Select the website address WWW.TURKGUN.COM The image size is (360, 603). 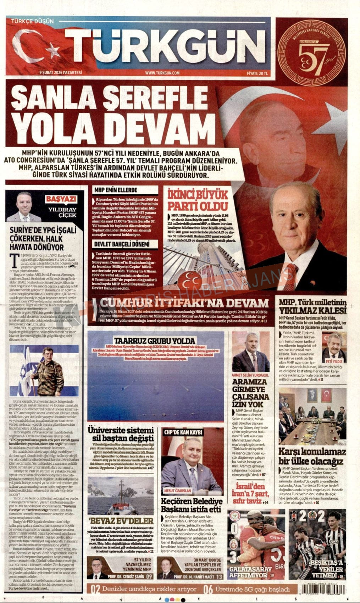162,73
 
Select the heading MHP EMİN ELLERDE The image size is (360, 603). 116,190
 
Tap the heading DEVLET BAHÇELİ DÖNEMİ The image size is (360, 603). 121,244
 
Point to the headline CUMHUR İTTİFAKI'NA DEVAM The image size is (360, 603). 184,303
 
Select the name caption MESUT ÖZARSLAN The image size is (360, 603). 178,491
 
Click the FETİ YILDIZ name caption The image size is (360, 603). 333,361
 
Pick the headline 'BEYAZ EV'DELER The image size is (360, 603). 121,521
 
